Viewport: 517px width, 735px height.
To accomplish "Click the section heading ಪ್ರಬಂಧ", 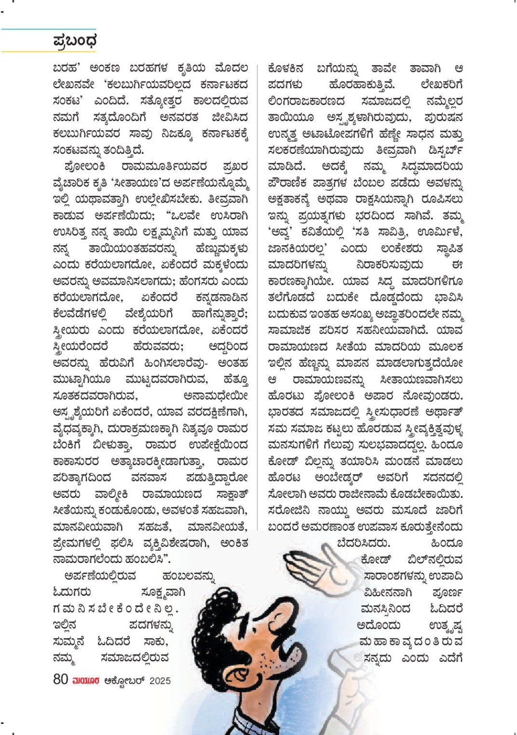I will point(75,41).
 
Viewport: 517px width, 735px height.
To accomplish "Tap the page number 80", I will point(60,679).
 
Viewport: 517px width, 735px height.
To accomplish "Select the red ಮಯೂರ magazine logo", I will point(86,681).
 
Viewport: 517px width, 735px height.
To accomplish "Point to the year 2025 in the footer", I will point(160,681).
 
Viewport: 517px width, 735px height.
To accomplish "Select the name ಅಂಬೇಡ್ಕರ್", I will point(345,478).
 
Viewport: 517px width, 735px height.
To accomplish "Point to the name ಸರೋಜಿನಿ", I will point(289,510).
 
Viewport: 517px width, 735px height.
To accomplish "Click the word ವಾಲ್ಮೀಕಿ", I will point(111,494).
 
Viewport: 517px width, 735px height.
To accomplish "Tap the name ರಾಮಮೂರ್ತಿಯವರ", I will point(164,167).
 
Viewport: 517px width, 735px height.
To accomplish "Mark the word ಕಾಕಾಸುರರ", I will point(76,461).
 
